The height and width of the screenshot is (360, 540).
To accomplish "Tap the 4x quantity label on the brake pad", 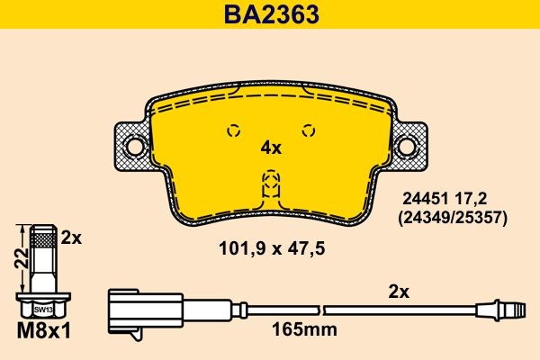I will [x=271, y=148].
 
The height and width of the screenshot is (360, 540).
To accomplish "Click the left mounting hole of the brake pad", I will [x=135, y=145].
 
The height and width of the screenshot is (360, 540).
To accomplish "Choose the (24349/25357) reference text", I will [x=453, y=218].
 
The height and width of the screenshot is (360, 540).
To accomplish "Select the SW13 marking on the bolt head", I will [x=44, y=309].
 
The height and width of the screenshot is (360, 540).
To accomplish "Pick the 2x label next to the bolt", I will [x=72, y=238].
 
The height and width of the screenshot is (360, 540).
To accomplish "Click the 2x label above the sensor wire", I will [x=398, y=292].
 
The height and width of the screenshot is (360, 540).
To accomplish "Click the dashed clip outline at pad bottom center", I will [x=270, y=186].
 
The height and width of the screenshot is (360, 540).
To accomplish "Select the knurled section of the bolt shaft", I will [x=44, y=239].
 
